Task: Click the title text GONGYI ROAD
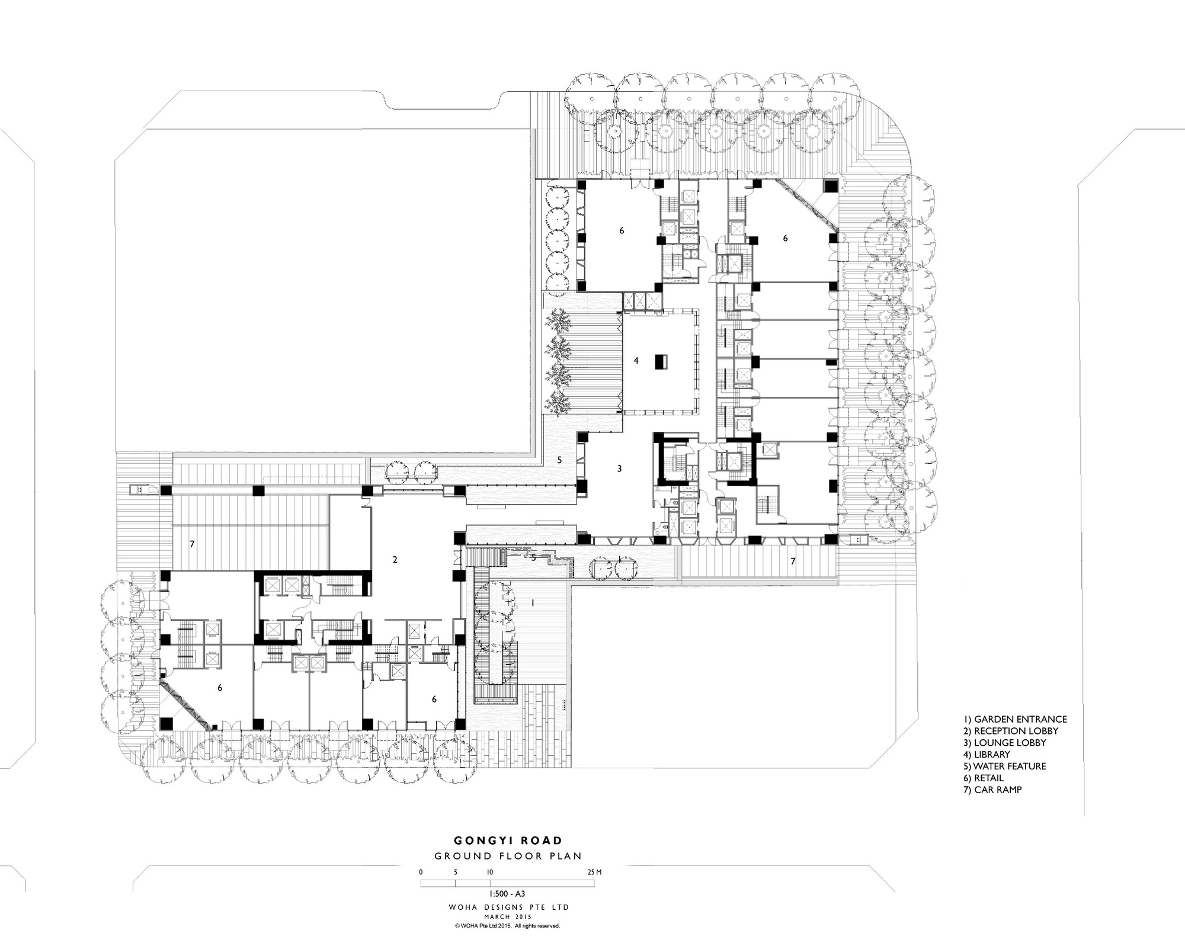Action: (508, 840)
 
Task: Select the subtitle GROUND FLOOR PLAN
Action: (508, 856)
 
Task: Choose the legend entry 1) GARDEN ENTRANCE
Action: (1014, 719)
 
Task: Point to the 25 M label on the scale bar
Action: (595, 872)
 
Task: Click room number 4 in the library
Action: (636, 360)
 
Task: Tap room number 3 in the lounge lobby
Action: (619, 469)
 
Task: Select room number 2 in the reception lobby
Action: (395, 560)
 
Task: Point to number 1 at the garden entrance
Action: (533, 602)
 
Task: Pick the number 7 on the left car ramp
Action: (192, 543)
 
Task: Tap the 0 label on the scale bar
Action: (421, 872)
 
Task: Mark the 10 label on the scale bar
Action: (490, 872)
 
